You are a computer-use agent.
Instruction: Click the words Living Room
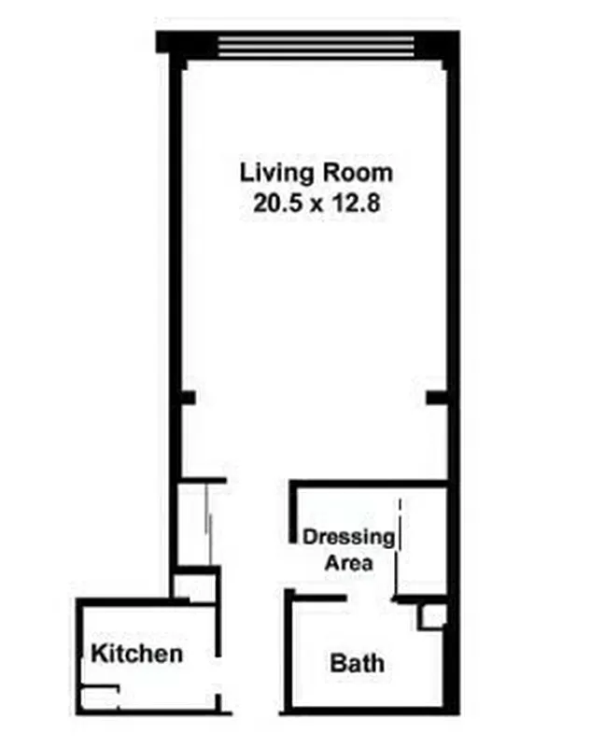[317, 173]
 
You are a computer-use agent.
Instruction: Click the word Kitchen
[136, 653]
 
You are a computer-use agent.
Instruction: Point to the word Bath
[358, 664]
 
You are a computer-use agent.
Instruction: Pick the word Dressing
[349, 537]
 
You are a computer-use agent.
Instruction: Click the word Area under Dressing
[349, 563]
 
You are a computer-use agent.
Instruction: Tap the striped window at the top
[316, 44]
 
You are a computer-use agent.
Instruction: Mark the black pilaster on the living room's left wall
[186, 398]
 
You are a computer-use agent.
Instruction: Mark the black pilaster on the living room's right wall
[437, 398]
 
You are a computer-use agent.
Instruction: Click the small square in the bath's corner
[431, 616]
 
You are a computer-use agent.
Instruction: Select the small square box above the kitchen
[194, 585]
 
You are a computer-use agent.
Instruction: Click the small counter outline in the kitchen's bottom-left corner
[99, 697]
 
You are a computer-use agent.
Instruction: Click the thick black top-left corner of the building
[169, 42]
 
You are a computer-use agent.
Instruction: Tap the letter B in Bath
[338, 664]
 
